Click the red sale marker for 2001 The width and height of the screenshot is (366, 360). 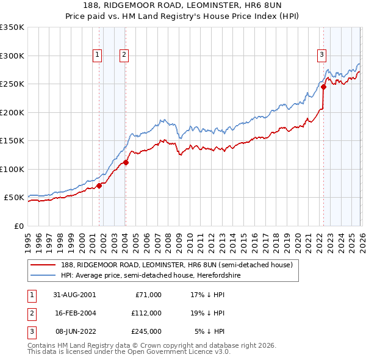(x=99, y=186)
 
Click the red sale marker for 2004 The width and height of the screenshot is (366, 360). (x=126, y=162)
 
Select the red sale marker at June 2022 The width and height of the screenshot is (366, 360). (x=323, y=87)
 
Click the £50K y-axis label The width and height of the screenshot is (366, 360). (x=14, y=198)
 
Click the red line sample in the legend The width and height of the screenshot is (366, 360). (x=43, y=265)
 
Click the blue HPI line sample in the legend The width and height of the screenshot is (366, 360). (x=43, y=275)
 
